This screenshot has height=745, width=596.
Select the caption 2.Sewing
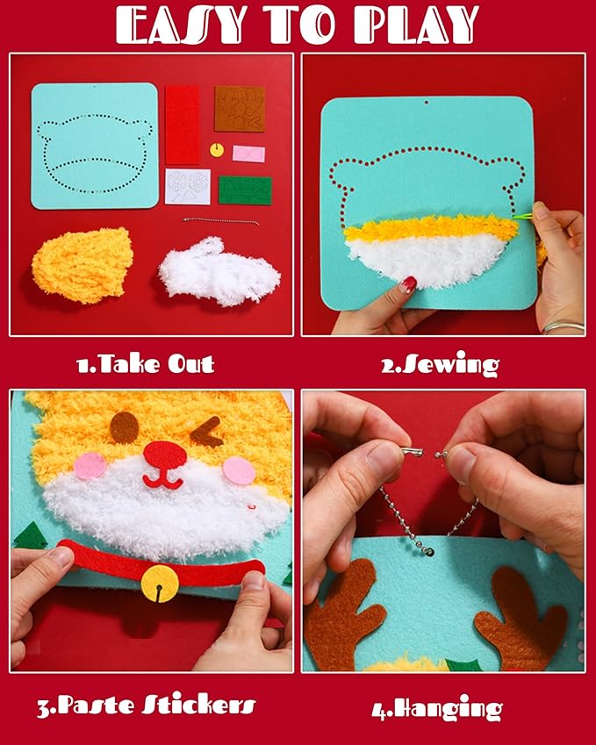coord(439,364)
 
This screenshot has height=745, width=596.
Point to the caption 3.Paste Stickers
coord(146,705)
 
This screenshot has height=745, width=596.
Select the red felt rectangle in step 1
coord(182,125)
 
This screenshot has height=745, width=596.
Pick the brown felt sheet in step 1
coord(240,108)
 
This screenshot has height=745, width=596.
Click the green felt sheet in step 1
coord(245,190)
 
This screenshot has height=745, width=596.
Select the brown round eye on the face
coord(124,426)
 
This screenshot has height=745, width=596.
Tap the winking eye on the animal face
coord(211,431)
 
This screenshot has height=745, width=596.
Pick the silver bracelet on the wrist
coord(563,328)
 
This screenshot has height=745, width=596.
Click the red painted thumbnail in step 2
coord(407,284)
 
